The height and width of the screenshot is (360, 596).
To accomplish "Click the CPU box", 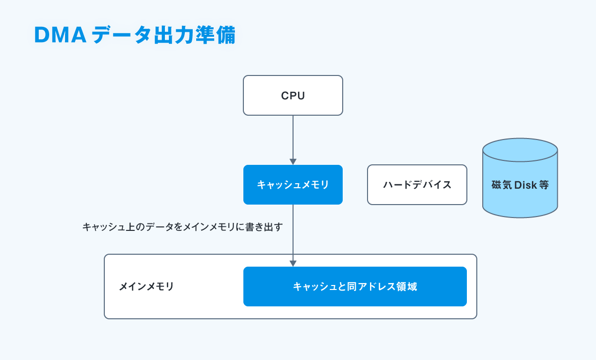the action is coord(293,95).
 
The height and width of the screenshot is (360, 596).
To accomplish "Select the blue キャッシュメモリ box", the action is coord(293,185).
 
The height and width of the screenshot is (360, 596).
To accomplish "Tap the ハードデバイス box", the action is coord(417,185).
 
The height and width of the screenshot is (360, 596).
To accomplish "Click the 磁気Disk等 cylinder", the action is coord(520,178).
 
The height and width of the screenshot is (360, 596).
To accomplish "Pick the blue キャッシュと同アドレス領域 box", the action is coord(355,287).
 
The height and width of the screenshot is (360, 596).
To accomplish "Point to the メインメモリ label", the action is coord(147,287).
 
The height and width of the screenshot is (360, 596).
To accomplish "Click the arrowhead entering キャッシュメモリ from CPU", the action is coord(293,162).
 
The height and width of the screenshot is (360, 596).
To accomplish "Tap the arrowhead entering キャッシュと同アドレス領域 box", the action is coord(293,264).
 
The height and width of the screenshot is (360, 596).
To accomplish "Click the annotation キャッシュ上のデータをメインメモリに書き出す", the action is coord(183,227).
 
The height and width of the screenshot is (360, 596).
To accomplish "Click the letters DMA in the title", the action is coord(61,35).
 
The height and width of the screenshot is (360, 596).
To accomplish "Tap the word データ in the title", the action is coord(121,35).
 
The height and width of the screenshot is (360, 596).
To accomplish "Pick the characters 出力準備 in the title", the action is coord(195,35).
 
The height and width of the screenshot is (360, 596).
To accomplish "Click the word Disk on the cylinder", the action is coord(525,185).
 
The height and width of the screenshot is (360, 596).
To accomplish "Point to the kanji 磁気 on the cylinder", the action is coord(502,185).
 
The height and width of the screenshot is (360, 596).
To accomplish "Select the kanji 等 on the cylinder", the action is coord(544,185).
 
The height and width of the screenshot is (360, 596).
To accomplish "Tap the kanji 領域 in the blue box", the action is coord(407,287).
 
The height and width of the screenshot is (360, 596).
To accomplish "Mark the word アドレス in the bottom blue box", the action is coord(376,287).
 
